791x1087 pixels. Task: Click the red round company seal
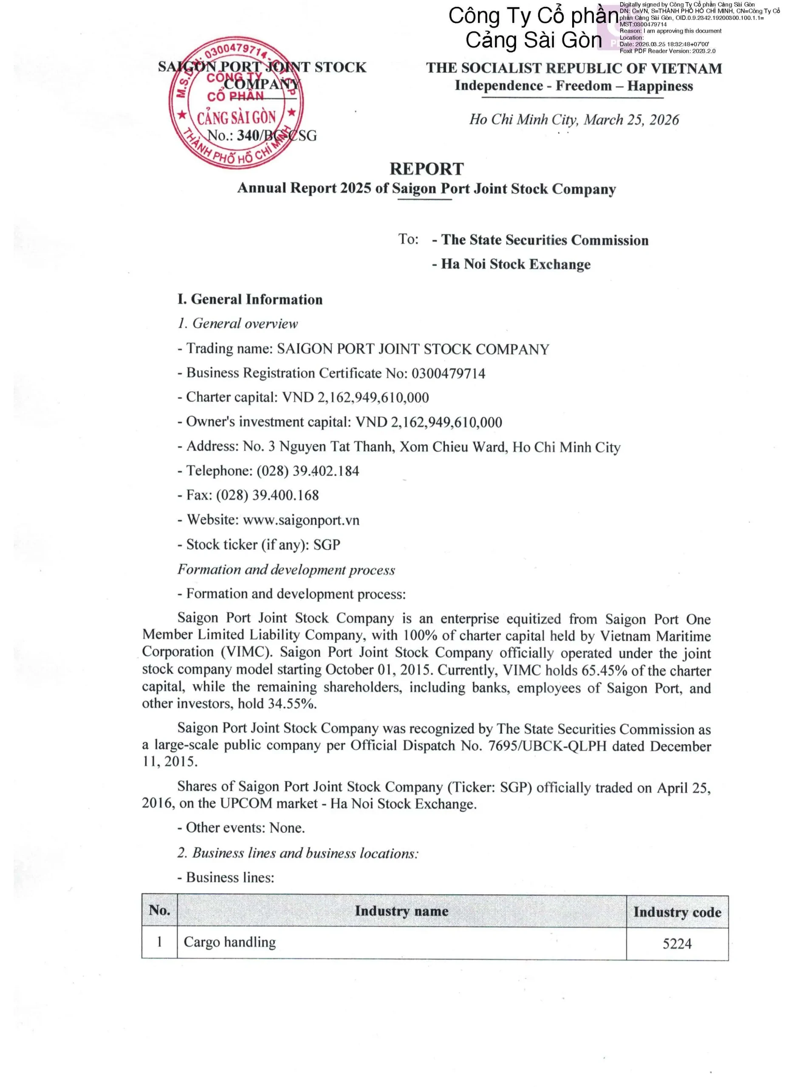(236, 102)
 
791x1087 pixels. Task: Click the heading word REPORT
(426, 169)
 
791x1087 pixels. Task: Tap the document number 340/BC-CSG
(277, 135)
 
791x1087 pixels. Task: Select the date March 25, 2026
(631, 120)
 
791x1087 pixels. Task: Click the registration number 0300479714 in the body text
(448, 373)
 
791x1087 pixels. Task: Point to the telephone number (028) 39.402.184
(308, 471)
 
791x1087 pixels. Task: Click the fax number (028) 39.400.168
(268, 496)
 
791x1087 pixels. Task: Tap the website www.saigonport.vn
(301, 520)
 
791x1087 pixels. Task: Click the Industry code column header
(677, 912)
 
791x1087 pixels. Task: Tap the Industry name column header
(401, 911)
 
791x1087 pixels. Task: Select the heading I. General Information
(250, 299)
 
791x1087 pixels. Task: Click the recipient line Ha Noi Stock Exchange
(515, 264)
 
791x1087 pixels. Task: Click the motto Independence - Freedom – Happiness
(573, 86)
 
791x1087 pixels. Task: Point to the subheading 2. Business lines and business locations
(298, 853)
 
